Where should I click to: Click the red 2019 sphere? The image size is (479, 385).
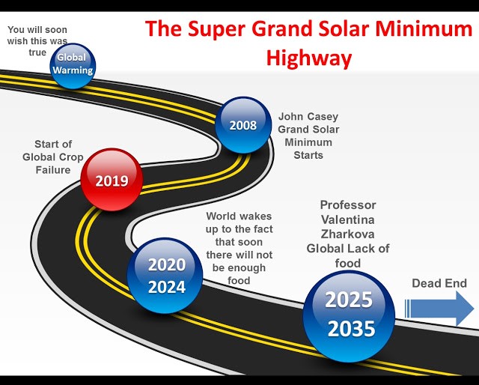[112, 180]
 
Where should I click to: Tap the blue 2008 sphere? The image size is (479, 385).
[243, 125]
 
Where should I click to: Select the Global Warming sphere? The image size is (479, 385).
[73, 66]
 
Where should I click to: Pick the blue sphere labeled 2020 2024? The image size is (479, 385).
[165, 276]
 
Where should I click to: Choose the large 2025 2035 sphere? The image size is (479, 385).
[349, 316]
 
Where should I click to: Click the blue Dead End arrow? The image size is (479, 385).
[439, 309]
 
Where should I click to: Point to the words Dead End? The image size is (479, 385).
[439, 283]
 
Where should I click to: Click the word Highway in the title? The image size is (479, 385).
[309, 58]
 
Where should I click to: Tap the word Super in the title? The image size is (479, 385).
[216, 29]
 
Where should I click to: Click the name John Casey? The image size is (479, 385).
[308, 117]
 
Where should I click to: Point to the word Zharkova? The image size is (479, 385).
[347, 234]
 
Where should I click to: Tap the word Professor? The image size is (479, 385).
[348, 205]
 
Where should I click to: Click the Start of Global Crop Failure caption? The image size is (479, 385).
[53, 157]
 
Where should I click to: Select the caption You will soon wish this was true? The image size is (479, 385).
[37, 41]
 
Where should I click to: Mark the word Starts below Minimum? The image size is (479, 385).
[308, 155]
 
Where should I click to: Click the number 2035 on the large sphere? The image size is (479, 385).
[351, 329]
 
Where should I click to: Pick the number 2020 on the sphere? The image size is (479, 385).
[167, 264]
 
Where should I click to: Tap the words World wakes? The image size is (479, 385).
[239, 216]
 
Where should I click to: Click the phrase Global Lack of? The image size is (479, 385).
[348, 249]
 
